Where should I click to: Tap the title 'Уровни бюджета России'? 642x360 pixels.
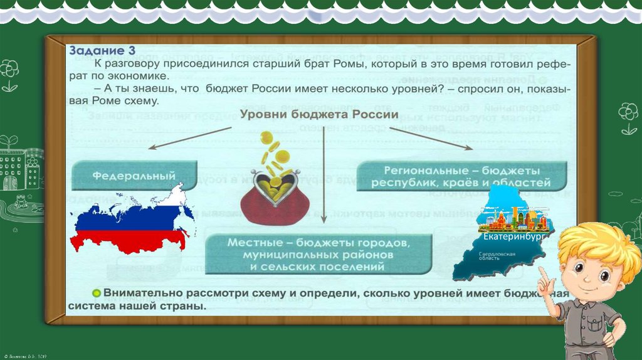click(319, 115)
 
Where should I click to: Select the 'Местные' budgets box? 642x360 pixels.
click(320, 254)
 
